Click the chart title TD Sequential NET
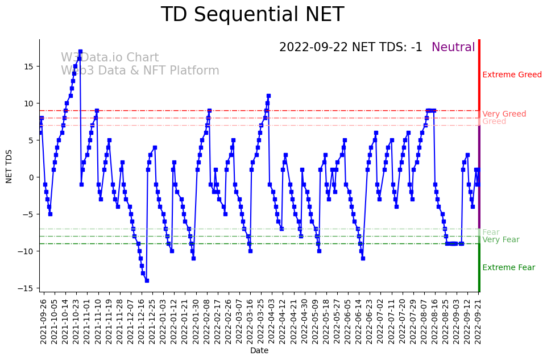point(252,15)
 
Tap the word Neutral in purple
point(453,48)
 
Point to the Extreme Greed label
point(512,75)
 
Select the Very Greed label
point(504,114)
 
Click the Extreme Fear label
point(508,268)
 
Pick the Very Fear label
point(500,240)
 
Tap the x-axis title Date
point(259,351)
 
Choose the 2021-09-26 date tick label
point(43,321)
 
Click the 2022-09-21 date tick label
point(479,321)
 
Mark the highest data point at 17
point(80,52)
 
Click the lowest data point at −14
point(147,280)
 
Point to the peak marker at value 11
point(268,96)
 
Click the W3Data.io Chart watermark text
point(110,58)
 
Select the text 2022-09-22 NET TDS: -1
point(350,48)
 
